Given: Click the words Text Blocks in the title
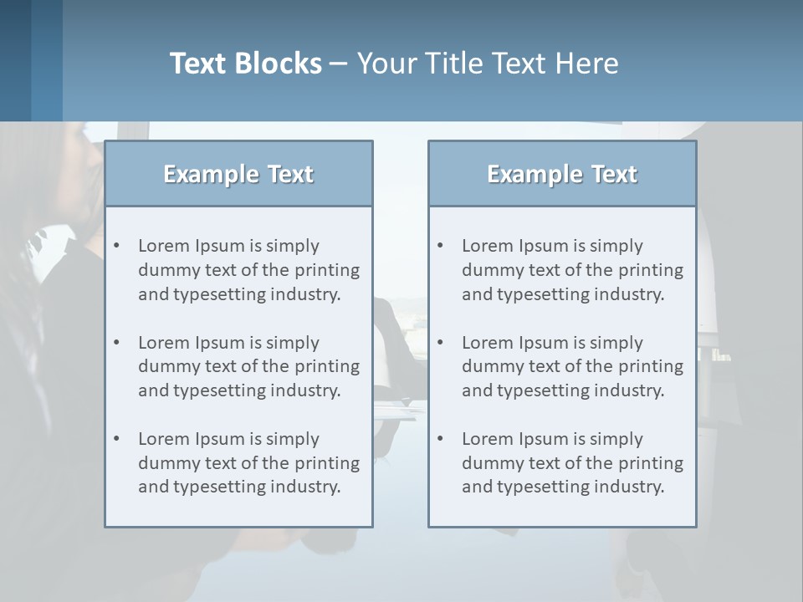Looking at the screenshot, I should coord(245,64).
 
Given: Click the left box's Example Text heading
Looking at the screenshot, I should coord(238,174).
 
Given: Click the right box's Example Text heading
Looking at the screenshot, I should coord(562,174).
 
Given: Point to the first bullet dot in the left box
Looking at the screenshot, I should coord(117,246).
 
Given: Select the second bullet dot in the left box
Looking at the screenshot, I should coord(117,343).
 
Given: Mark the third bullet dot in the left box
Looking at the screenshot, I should coord(117,439).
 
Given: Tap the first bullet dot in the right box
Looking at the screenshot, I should coord(441,246).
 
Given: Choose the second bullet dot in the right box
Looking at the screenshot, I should coord(441,343).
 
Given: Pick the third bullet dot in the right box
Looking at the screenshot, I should coord(441,439).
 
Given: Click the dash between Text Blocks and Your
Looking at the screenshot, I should coord(339,64).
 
